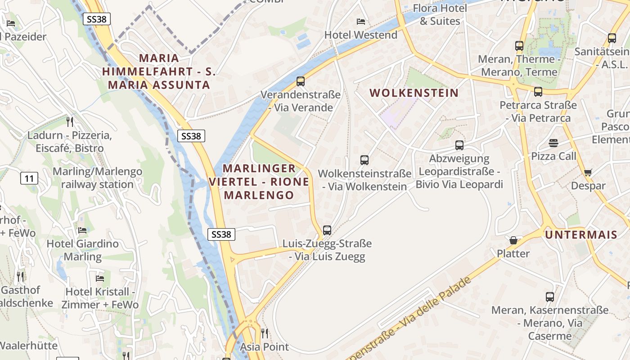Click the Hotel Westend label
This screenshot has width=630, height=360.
[x=361, y=35]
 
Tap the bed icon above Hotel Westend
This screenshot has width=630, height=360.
[x=361, y=21]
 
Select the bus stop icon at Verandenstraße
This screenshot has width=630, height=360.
[x=301, y=81]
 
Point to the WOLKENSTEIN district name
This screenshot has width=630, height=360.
[x=414, y=93]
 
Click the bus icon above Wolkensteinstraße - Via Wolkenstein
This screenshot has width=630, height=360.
[x=364, y=160]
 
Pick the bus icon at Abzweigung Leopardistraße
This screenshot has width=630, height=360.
[x=459, y=145]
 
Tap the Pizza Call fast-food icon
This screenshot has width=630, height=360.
[x=553, y=143]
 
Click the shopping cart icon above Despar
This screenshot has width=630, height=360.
[x=588, y=172]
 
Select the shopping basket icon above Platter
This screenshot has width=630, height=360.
[x=513, y=240]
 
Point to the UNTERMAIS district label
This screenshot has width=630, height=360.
[x=581, y=234]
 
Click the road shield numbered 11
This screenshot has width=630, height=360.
[x=29, y=179]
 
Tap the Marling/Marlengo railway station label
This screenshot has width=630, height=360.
[x=97, y=178]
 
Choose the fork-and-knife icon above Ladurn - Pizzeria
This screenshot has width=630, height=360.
[x=69, y=121]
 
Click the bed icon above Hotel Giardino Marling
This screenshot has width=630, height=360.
[x=82, y=230]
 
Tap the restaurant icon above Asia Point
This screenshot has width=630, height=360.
[x=265, y=333]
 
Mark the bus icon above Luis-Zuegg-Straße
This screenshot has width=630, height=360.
[x=327, y=230]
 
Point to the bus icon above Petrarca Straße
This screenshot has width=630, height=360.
[x=538, y=92]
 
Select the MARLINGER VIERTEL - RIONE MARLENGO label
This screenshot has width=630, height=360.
[x=259, y=182]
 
